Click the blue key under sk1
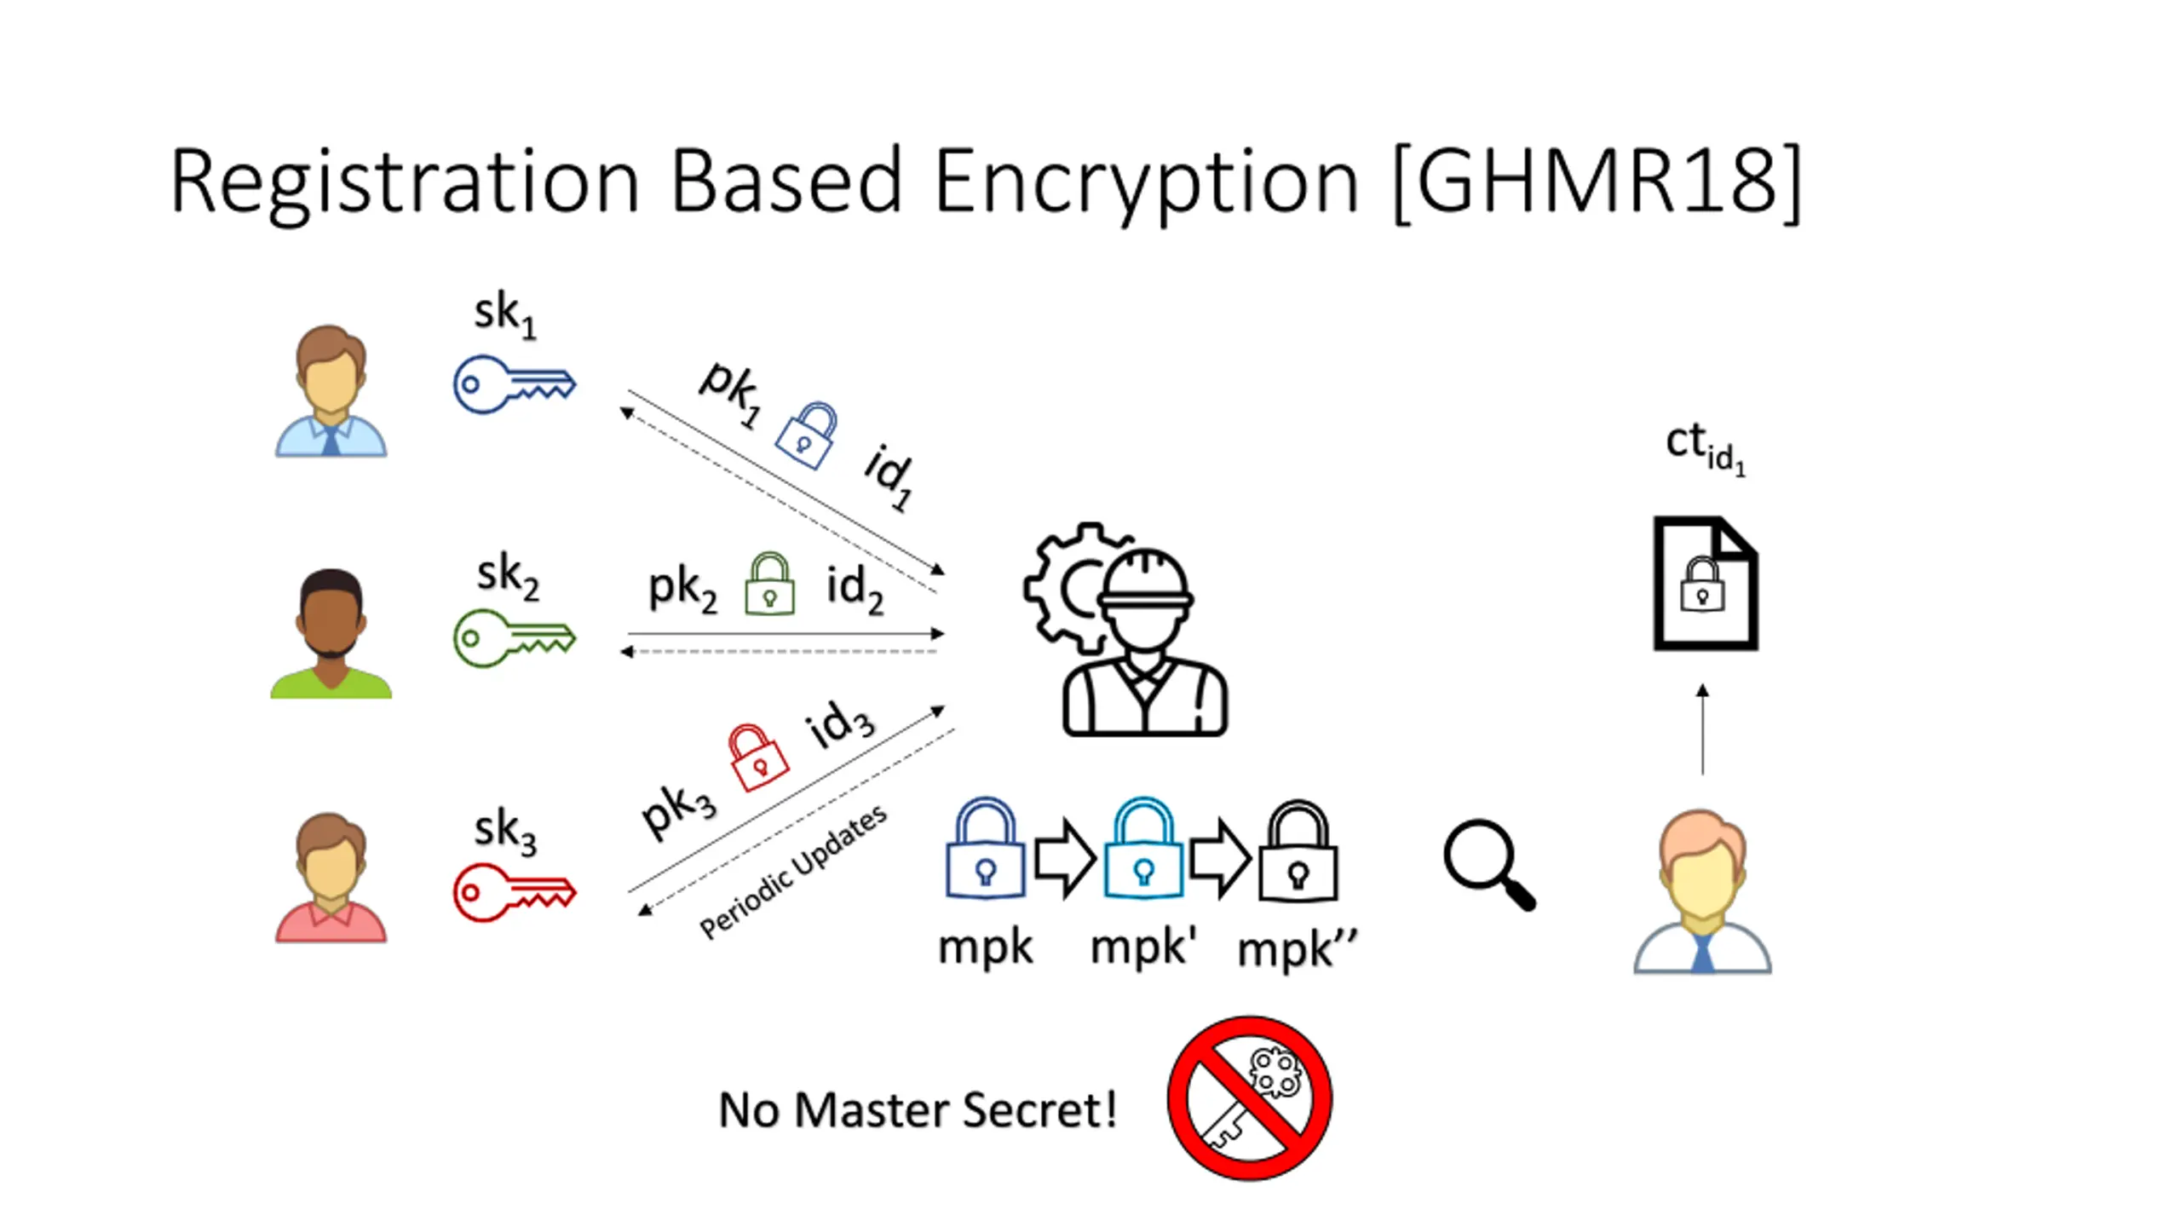click(514, 385)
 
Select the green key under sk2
click(514, 638)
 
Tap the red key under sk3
click(514, 893)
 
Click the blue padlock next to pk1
click(806, 435)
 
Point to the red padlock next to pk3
click(757, 758)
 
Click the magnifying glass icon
click(1488, 864)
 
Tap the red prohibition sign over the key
click(1249, 1097)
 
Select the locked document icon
click(1705, 584)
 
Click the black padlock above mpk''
click(1298, 851)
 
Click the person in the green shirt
click(331, 634)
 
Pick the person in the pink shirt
click(331, 878)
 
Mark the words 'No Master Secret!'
click(918, 1110)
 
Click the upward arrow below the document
click(1702, 729)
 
